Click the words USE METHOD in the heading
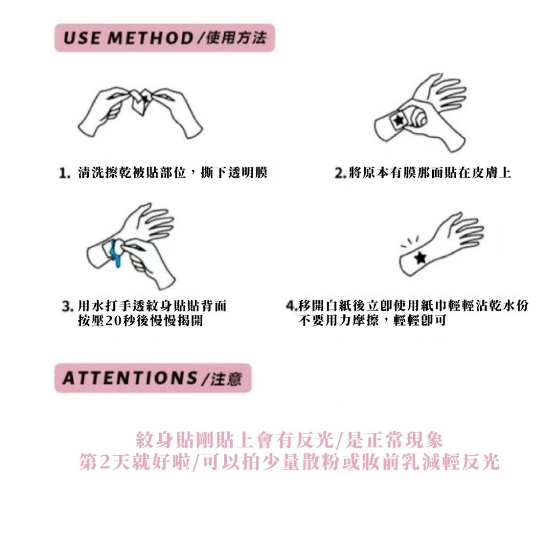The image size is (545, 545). point(128,39)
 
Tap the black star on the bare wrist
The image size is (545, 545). point(420,257)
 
